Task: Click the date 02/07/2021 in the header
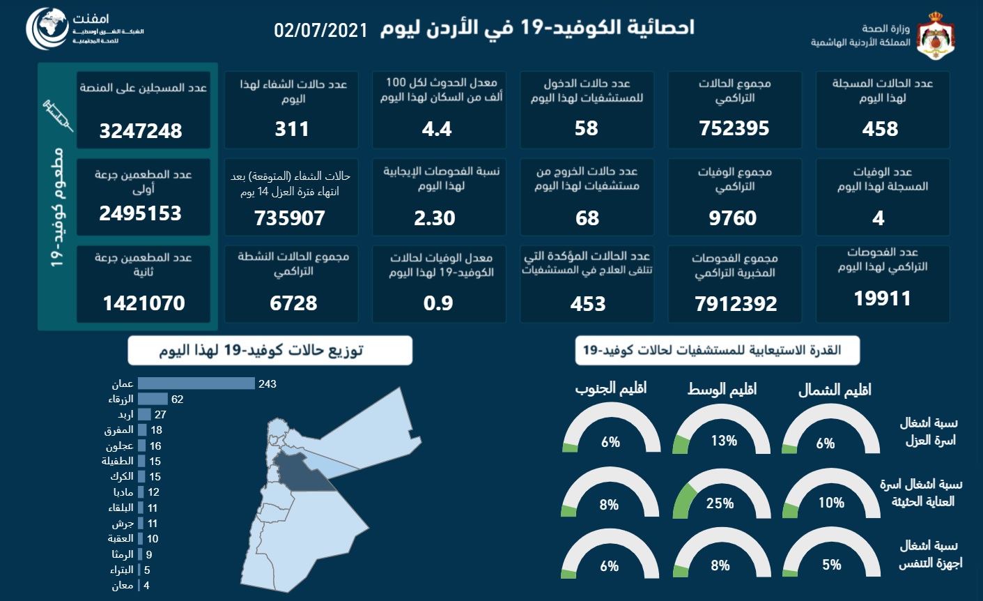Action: coord(320,30)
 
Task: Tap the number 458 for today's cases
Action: coord(880,129)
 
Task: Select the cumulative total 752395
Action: coord(734,128)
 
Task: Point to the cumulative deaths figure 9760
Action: coord(732,218)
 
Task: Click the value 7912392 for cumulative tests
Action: coord(736,304)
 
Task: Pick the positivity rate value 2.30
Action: coord(435,218)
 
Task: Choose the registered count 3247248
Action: coord(141,131)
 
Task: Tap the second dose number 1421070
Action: coord(144,303)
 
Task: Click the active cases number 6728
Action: coord(293,303)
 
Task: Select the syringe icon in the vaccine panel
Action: coord(58,116)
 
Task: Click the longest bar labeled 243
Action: coord(196,383)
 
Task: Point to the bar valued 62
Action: coord(153,399)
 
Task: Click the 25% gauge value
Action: coord(720,503)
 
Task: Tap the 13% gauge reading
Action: coord(724,441)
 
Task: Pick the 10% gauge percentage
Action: coord(831,503)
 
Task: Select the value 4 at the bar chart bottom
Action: coord(146,586)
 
